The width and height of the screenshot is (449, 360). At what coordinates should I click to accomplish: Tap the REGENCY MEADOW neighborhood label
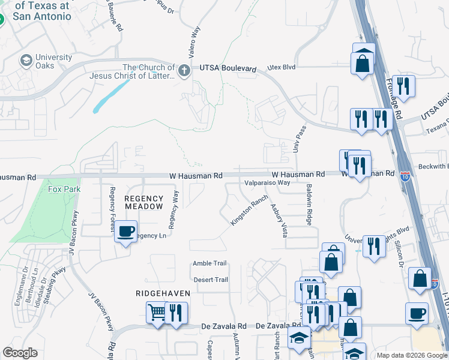click(x=143, y=202)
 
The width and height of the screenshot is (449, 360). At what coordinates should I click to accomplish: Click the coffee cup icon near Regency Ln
click(x=125, y=231)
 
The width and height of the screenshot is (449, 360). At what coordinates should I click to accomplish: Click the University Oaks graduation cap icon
click(x=26, y=61)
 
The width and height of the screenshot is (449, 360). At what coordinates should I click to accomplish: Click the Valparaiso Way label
click(x=267, y=182)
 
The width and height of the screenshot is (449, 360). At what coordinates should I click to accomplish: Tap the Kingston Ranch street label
click(x=249, y=214)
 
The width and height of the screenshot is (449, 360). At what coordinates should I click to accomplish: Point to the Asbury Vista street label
click(x=277, y=220)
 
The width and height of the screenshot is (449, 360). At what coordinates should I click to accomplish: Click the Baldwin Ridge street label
click(x=309, y=204)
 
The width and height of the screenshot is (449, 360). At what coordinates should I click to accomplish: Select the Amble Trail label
click(x=209, y=264)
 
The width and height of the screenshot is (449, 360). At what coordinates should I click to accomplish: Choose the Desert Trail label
click(x=211, y=280)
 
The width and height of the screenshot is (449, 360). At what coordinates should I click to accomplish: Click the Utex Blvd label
click(x=282, y=68)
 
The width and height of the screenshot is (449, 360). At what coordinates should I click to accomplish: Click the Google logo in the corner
click(x=20, y=353)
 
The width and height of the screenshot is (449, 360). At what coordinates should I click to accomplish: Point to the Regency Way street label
click(x=173, y=210)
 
